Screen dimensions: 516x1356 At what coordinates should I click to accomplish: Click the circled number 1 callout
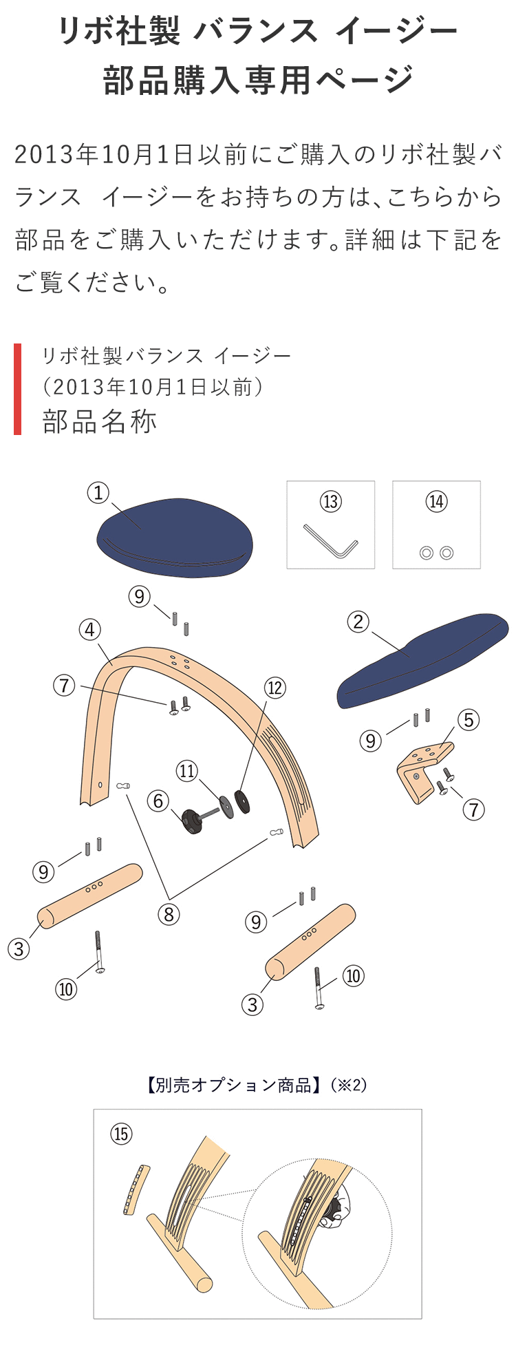pos(98,493)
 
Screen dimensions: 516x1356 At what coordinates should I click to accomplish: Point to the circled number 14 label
pos(436,502)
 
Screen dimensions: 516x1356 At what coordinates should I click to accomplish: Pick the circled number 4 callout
pos(90,630)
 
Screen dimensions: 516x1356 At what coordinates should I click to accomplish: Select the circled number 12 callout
pos(275,688)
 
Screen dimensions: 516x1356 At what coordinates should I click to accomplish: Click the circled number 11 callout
pos(187,771)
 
